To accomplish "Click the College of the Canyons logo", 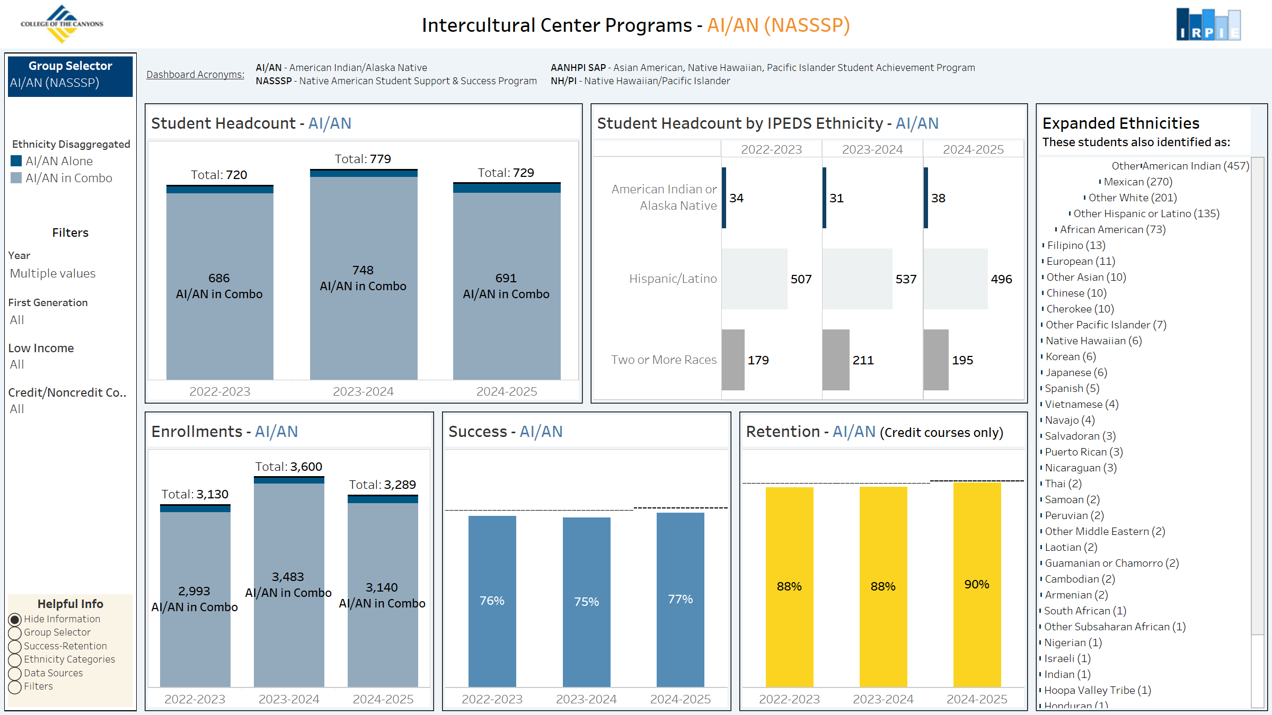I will (x=62, y=24).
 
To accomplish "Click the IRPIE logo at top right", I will (x=1208, y=25).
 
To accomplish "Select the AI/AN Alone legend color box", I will (x=16, y=161).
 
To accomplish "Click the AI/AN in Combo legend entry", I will (x=68, y=178).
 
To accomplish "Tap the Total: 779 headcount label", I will (x=363, y=159).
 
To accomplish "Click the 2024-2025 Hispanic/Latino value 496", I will (x=1001, y=279).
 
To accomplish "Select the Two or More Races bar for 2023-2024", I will (x=836, y=360).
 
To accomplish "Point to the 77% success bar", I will (x=680, y=599).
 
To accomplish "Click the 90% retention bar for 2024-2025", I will (x=977, y=584).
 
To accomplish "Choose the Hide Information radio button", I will (x=15, y=619).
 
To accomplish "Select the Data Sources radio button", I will (x=15, y=673).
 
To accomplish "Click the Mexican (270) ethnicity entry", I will (x=1137, y=182).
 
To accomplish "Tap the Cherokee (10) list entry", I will (x=1080, y=309).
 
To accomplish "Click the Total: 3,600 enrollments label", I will (x=289, y=467).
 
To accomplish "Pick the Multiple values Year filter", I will (x=53, y=273).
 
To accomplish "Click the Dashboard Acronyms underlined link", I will (x=195, y=74).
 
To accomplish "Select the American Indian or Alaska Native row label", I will (x=664, y=197).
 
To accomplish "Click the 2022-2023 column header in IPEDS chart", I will (x=771, y=149).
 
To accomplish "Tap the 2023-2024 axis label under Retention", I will (x=883, y=699).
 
